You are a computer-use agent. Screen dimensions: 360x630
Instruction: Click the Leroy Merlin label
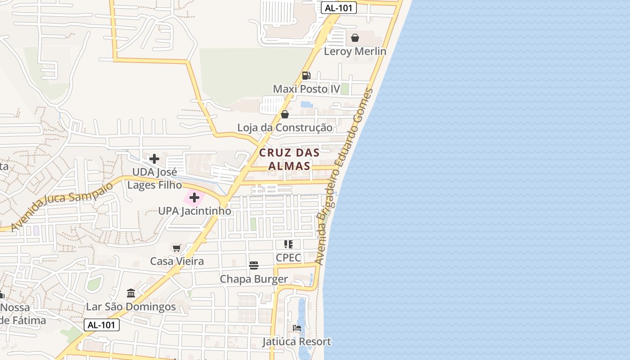click(355, 51)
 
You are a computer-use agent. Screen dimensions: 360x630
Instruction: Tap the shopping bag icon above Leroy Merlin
click(355, 38)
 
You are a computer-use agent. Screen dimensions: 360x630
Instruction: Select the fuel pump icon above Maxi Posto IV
click(306, 76)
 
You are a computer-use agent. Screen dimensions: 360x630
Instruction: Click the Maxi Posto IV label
click(306, 89)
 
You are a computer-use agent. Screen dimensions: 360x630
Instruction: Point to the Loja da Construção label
click(285, 128)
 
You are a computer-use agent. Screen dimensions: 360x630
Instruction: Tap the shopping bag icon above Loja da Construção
click(285, 114)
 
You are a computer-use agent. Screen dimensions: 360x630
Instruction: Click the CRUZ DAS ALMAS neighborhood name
click(289, 159)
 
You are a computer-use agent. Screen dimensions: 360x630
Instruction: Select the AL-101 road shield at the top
click(339, 8)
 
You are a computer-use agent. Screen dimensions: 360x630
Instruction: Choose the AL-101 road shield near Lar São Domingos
click(102, 325)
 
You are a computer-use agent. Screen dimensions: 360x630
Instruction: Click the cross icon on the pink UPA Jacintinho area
click(194, 198)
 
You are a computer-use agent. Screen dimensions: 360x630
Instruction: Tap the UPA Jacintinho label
click(194, 211)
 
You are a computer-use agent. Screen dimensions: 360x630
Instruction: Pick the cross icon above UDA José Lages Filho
click(154, 159)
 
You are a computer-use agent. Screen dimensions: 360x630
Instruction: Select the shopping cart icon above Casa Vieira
click(177, 248)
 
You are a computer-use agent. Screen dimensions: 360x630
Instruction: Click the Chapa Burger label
click(254, 279)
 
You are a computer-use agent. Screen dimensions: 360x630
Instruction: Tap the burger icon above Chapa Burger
click(254, 265)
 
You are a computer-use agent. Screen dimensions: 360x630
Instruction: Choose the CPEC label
click(288, 258)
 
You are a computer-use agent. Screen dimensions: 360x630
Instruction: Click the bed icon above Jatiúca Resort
click(297, 328)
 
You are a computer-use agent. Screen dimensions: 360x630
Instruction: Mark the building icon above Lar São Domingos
click(131, 293)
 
